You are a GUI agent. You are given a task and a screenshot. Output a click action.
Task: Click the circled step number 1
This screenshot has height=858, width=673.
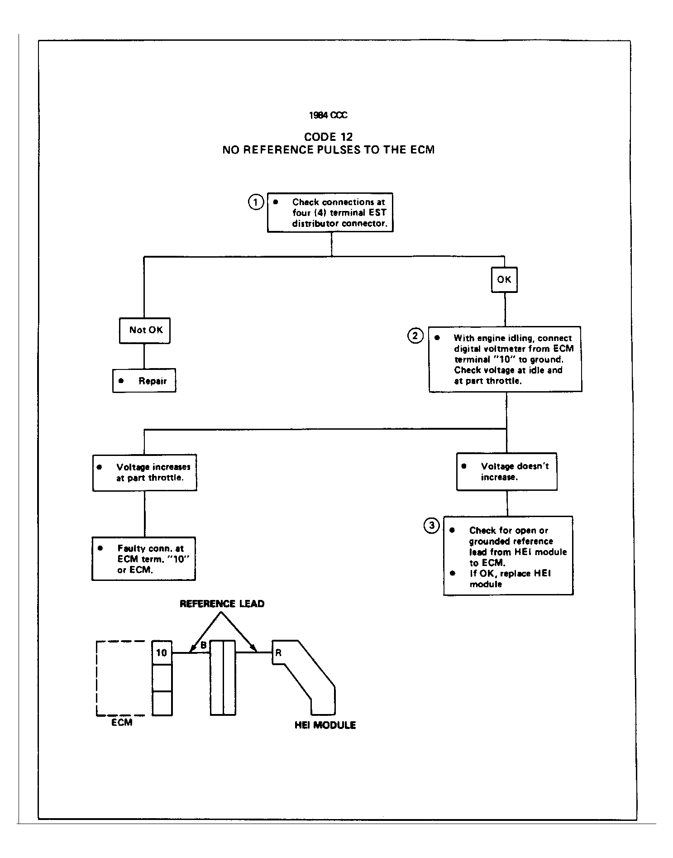pyautogui.click(x=256, y=202)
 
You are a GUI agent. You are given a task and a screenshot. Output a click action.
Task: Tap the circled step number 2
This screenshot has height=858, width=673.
pyautogui.click(x=415, y=336)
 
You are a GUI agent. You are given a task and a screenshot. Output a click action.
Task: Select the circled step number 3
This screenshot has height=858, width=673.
pyautogui.click(x=431, y=525)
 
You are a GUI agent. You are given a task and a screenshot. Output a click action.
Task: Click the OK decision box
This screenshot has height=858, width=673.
pyautogui.click(x=504, y=280)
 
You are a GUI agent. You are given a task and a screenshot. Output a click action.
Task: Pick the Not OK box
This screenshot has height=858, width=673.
pyautogui.click(x=145, y=330)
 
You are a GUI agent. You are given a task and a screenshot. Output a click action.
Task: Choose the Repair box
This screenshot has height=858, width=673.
pyautogui.click(x=144, y=381)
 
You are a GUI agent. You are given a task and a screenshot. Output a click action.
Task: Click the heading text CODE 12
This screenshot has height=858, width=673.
pyautogui.click(x=328, y=137)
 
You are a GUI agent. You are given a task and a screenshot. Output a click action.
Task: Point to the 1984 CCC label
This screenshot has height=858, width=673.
pyautogui.click(x=328, y=115)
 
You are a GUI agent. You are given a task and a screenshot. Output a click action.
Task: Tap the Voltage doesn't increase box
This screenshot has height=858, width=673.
pyautogui.click(x=507, y=472)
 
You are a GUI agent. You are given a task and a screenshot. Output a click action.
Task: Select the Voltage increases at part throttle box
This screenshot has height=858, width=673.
pyautogui.click(x=145, y=473)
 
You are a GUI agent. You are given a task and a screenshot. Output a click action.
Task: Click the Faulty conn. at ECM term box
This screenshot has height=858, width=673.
pyautogui.click(x=144, y=559)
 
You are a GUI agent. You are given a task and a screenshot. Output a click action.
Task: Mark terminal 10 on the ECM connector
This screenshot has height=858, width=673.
pyautogui.click(x=162, y=652)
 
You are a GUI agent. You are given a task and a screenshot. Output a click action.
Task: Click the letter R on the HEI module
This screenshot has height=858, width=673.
pyautogui.click(x=278, y=653)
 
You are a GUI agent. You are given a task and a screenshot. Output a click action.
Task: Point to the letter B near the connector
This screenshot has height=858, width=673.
pyautogui.click(x=204, y=645)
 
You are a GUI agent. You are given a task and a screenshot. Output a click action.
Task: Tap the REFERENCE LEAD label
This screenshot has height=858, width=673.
pyautogui.click(x=222, y=604)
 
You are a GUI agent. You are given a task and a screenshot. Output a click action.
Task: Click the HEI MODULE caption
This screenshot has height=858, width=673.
pyautogui.click(x=325, y=725)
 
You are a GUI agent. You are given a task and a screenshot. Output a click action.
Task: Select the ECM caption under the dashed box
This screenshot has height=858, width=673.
pyautogui.click(x=122, y=723)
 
